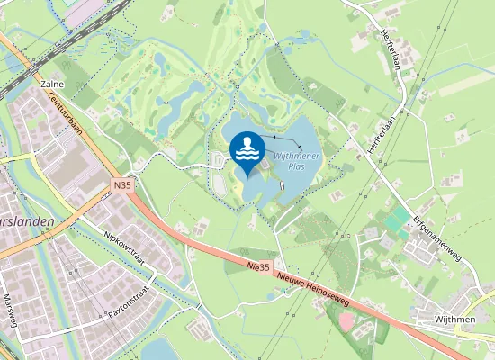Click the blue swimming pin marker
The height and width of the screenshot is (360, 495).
[247, 152]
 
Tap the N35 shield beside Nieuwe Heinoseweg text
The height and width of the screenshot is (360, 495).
[259, 267]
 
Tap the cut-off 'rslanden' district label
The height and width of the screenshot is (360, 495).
[27, 220]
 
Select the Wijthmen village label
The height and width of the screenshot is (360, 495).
[454, 318]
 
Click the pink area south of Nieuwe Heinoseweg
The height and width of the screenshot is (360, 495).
[345, 319]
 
